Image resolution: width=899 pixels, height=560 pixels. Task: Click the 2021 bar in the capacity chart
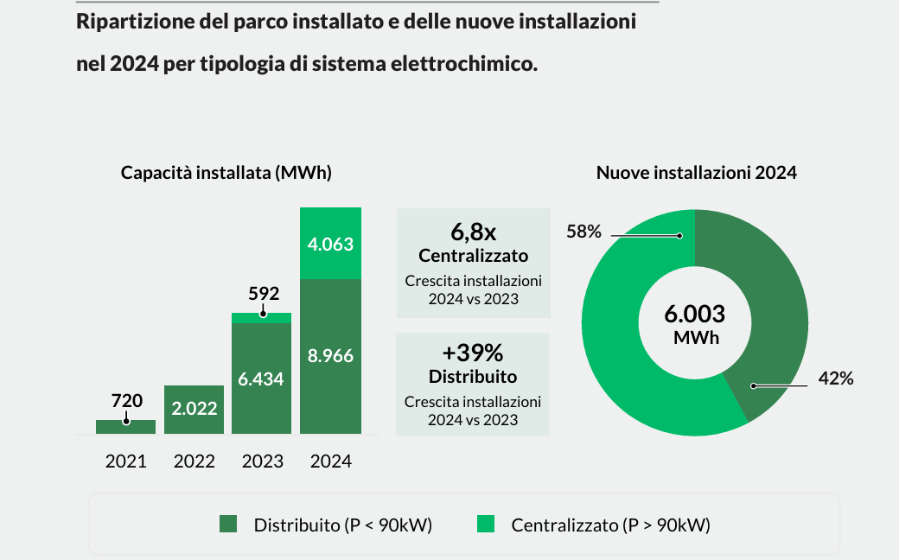click(x=125, y=427)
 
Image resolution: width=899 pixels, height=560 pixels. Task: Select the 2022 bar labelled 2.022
click(x=194, y=409)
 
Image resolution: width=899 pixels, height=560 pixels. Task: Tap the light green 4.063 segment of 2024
click(x=330, y=245)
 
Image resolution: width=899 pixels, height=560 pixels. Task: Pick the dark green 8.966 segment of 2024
click(x=330, y=355)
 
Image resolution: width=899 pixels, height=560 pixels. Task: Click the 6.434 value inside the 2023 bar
click(x=262, y=379)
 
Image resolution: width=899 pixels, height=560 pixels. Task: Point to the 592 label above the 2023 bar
click(x=263, y=293)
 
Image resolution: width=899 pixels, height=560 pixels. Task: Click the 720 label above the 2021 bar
click(x=126, y=400)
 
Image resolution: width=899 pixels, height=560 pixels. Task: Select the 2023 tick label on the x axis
click(x=262, y=461)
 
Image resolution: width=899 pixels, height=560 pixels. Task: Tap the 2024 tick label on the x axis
click(x=330, y=461)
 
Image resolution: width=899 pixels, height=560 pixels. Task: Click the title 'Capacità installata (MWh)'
click(x=226, y=172)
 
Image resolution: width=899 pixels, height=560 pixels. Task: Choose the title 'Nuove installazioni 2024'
click(x=696, y=172)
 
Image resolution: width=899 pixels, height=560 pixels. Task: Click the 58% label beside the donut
click(x=583, y=232)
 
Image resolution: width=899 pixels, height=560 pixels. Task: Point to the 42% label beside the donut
click(x=836, y=379)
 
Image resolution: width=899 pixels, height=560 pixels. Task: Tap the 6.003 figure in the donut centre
click(x=695, y=314)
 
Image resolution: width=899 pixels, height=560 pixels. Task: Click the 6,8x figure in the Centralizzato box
click(x=473, y=232)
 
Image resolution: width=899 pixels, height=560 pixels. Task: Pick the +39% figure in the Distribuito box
click(x=473, y=353)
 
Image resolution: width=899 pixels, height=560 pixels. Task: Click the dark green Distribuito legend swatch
click(x=228, y=524)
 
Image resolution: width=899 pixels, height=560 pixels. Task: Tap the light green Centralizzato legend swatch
click(x=486, y=524)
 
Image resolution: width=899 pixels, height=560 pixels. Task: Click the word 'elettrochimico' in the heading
click(x=462, y=64)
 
